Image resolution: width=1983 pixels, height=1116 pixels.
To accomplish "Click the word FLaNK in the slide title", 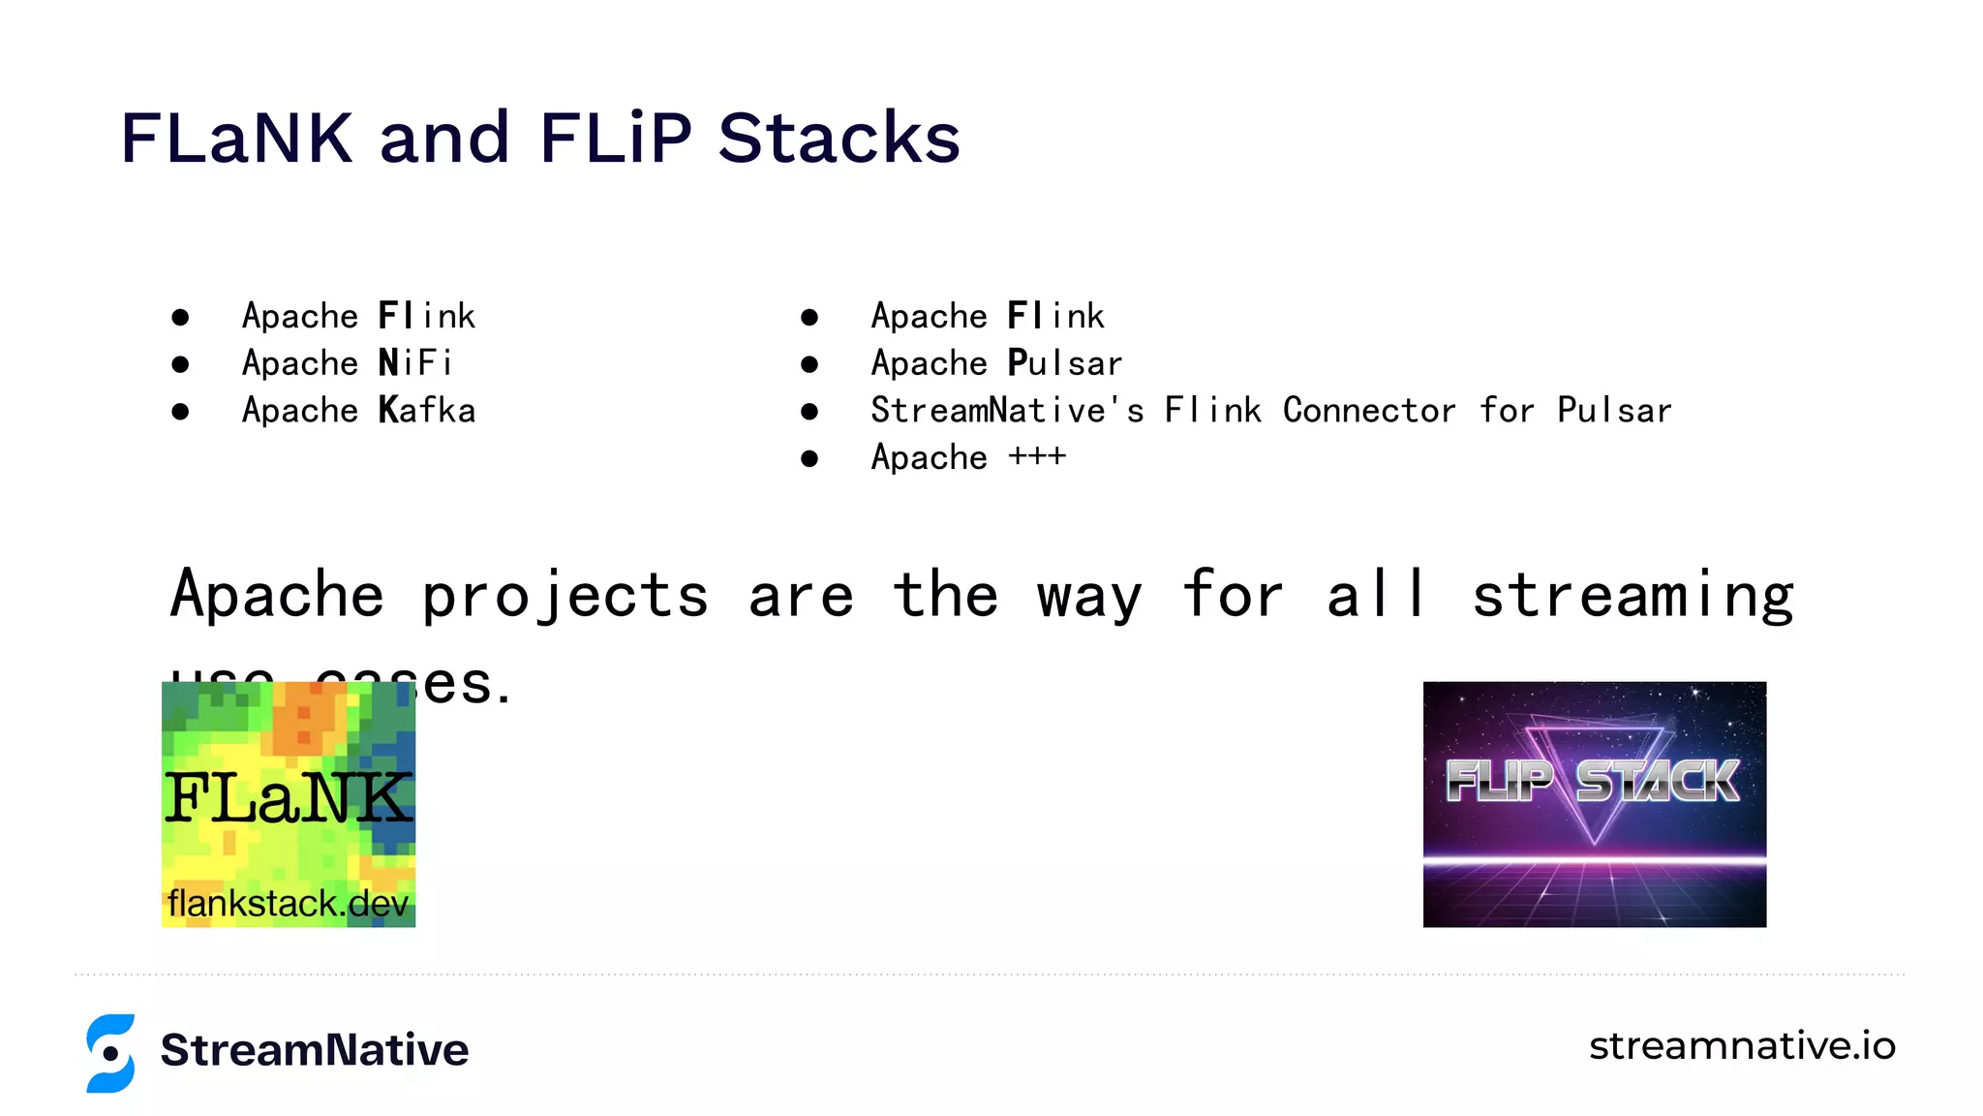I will click(x=236, y=138).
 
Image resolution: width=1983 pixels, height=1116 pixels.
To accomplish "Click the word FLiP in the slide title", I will click(x=616, y=138).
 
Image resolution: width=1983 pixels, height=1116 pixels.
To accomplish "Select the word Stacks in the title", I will click(x=839, y=138).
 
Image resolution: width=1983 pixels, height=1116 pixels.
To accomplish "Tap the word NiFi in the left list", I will click(x=415, y=363).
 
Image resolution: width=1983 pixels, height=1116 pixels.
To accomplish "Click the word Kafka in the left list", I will click(x=427, y=411).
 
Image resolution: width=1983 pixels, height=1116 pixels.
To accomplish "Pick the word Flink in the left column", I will click(x=427, y=316).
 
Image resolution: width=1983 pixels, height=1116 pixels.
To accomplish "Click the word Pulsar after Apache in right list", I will click(x=1064, y=363).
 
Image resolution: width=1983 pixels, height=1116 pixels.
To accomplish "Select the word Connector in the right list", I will click(x=1369, y=411).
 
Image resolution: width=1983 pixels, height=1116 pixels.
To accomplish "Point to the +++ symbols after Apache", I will click(x=1037, y=456).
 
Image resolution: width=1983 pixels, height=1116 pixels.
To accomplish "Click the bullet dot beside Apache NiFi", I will click(x=180, y=364).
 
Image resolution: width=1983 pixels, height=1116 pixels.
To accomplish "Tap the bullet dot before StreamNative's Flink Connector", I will click(x=809, y=412).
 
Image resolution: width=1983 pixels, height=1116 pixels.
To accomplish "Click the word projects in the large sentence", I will click(x=564, y=596).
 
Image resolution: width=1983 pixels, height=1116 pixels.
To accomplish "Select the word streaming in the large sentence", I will click(x=1632, y=596).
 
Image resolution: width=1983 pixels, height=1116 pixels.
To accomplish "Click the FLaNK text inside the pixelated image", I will click(x=288, y=798).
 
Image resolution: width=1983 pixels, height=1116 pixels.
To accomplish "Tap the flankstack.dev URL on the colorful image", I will click(x=288, y=904).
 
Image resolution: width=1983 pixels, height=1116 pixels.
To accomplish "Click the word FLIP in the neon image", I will click(x=1498, y=781).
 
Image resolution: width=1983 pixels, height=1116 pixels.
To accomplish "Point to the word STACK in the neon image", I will click(x=1657, y=781).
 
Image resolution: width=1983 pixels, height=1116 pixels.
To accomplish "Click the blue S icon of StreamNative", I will click(x=110, y=1053).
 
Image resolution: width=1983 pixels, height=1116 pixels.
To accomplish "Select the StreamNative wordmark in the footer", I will click(x=315, y=1050).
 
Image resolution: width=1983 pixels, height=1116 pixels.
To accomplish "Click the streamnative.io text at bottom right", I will click(x=1741, y=1046).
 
